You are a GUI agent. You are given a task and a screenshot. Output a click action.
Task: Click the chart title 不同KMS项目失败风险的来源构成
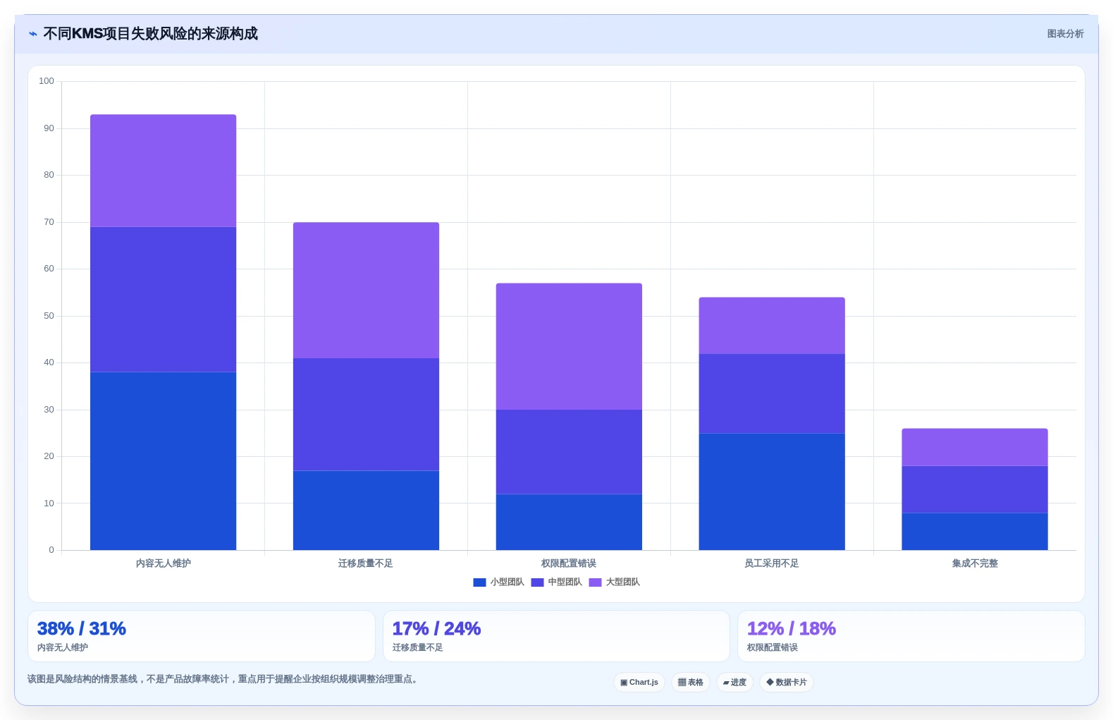click(x=151, y=34)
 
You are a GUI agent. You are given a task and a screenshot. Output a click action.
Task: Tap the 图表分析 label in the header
click(x=1065, y=34)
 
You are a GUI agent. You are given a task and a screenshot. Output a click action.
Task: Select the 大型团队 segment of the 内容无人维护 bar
click(x=163, y=171)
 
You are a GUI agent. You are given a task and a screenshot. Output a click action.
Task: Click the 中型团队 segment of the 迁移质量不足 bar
click(x=367, y=414)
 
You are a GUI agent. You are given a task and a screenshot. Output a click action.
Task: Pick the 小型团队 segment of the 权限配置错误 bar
click(x=569, y=522)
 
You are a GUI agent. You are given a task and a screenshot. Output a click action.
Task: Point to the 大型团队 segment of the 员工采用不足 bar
click(x=772, y=326)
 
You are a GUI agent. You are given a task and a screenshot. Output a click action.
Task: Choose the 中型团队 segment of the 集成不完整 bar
click(x=975, y=489)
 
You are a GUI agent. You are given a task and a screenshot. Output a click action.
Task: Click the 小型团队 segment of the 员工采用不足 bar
click(x=772, y=492)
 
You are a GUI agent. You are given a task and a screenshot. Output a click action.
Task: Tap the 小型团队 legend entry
click(x=498, y=582)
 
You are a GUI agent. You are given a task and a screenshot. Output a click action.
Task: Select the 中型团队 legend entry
click(x=557, y=582)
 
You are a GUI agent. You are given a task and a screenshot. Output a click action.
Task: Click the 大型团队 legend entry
click(x=614, y=582)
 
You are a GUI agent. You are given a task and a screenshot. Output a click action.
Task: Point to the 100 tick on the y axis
click(x=47, y=81)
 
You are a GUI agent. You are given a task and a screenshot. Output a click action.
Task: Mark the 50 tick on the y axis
click(x=49, y=316)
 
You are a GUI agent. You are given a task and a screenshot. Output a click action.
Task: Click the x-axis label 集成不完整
click(x=975, y=563)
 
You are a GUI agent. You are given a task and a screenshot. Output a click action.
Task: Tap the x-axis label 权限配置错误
click(x=569, y=563)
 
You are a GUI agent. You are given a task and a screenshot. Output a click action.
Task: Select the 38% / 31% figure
click(x=82, y=628)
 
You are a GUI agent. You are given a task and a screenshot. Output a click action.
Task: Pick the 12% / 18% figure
click(x=792, y=628)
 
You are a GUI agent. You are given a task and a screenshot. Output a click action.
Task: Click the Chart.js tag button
click(x=639, y=682)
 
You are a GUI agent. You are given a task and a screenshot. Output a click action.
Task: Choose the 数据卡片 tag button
click(x=786, y=682)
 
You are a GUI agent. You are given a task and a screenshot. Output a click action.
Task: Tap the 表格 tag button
click(x=691, y=682)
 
